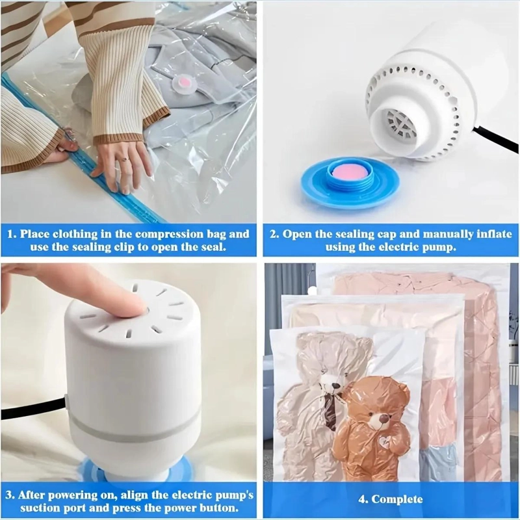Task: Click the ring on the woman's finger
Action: click(x=124, y=159)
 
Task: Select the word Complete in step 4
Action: click(x=397, y=499)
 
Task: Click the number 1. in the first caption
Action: click(x=12, y=234)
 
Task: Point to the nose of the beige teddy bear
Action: click(x=332, y=386)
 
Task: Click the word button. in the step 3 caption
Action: click(x=219, y=508)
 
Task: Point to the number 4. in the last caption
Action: click(x=363, y=499)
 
